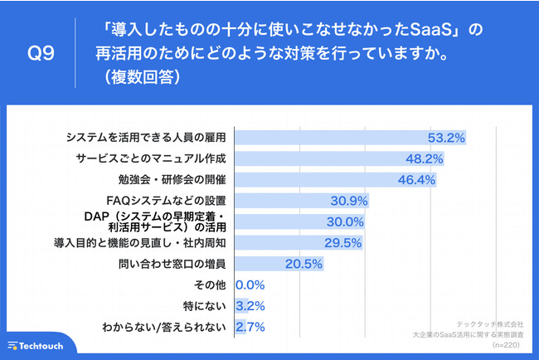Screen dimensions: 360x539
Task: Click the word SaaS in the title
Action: click(435, 31)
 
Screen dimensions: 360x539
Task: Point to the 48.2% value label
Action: click(423, 158)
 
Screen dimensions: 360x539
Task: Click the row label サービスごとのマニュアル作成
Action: click(150, 158)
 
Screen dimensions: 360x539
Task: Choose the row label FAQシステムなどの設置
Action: click(167, 201)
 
